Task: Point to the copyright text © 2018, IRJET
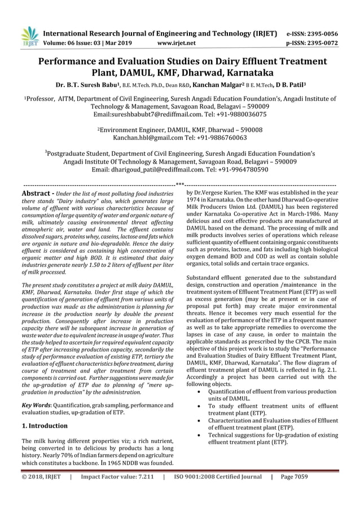41,476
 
